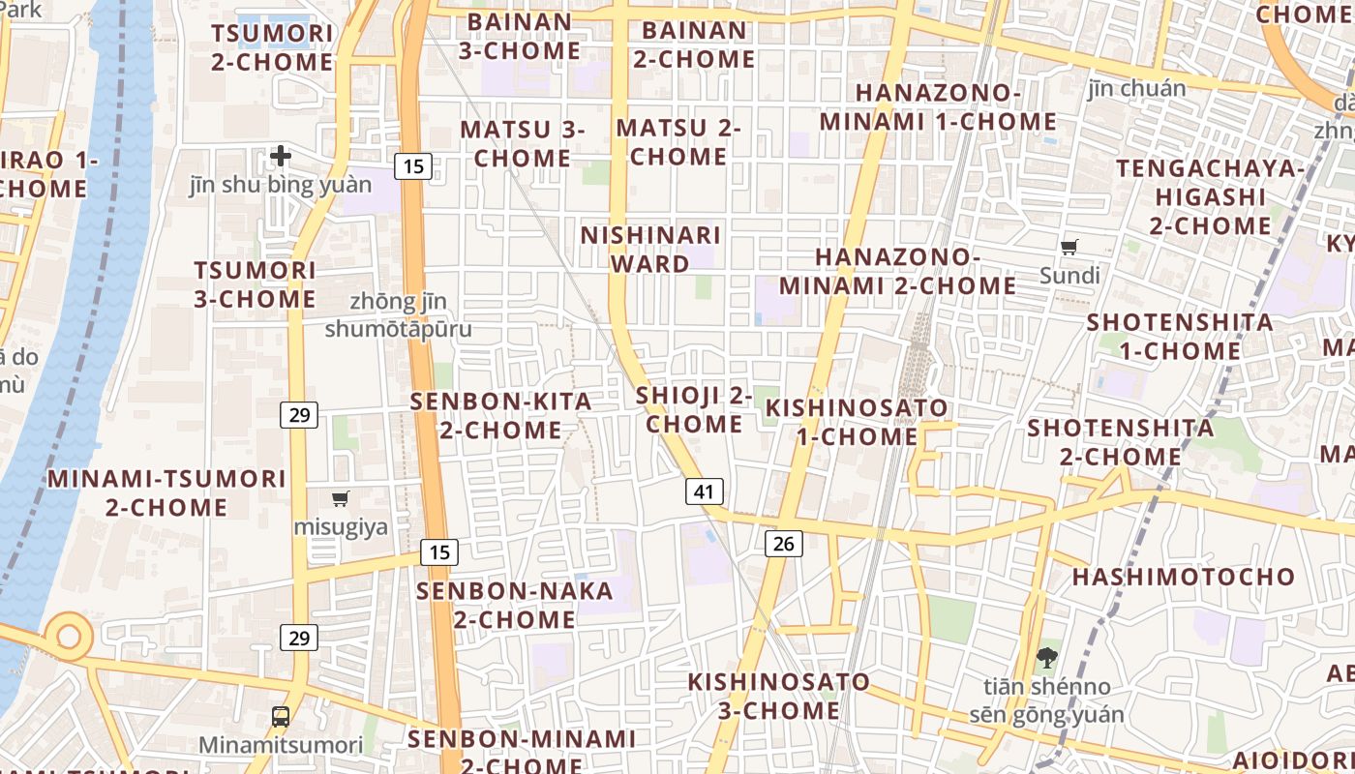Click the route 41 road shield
click(x=704, y=491)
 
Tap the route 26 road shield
click(x=784, y=544)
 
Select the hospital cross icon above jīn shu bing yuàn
click(x=281, y=155)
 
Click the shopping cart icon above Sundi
click(x=1069, y=248)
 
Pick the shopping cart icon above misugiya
click(x=340, y=499)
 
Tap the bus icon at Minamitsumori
click(x=281, y=717)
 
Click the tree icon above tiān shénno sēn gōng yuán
click(x=1046, y=659)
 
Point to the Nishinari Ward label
click(x=650, y=250)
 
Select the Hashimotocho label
click(x=1183, y=578)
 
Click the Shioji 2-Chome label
click(x=694, y=409)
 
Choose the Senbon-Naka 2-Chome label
click(x=515, y=605)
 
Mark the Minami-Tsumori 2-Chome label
click(x=166, y=492)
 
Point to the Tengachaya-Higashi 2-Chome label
click(x=1210, y=197)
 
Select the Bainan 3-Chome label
click(x=520, y=36)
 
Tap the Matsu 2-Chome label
click(x=678, y=142)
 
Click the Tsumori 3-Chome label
click(x=255, y=284)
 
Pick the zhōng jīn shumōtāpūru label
click(x=398, y=315)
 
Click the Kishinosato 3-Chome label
click(x=778, y=696)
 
